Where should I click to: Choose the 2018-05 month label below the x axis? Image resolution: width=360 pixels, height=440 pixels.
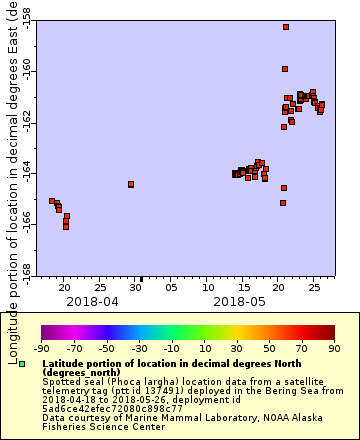(x=239, y=300)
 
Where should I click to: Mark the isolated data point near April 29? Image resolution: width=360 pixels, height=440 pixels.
(x=131, y=184)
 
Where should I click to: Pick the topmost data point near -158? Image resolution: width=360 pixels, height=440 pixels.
(x=286, y=27)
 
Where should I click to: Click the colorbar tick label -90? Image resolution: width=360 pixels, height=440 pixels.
(x=41, y=348)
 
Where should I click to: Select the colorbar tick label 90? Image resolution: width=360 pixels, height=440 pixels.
(x=332, y=348)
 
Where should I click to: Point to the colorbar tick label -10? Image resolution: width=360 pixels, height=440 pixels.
(x=170, y=348)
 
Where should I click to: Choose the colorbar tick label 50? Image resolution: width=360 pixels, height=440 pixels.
(x=267, y=348)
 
